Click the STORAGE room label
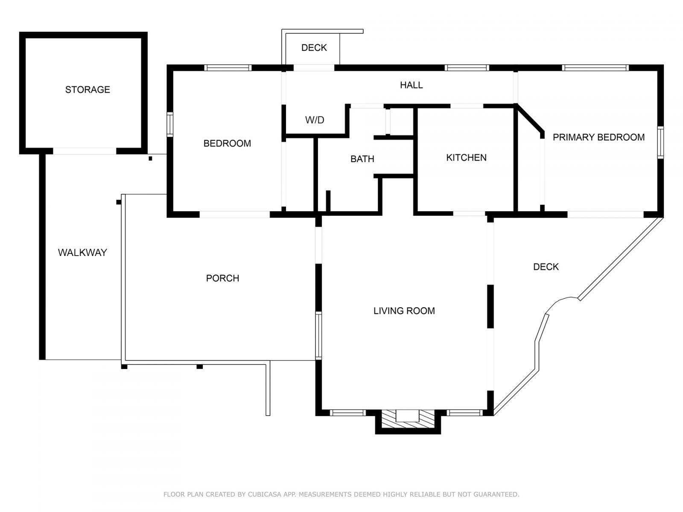(88, 90)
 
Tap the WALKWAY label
(82, 253)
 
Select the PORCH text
(222, 278)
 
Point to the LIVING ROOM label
(404, 311)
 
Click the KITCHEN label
(466, 158)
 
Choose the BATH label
(362, 159)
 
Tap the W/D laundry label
(315, 120)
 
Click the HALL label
(411, 85)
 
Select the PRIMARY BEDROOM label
(598, 137)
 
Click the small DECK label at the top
(314, 48)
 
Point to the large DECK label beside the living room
(546, 267)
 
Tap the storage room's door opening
(84, 151)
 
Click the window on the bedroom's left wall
(170, 124)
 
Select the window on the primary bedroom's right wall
(660, 143)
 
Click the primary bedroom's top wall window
(595, 67)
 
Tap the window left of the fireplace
(348, 413)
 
